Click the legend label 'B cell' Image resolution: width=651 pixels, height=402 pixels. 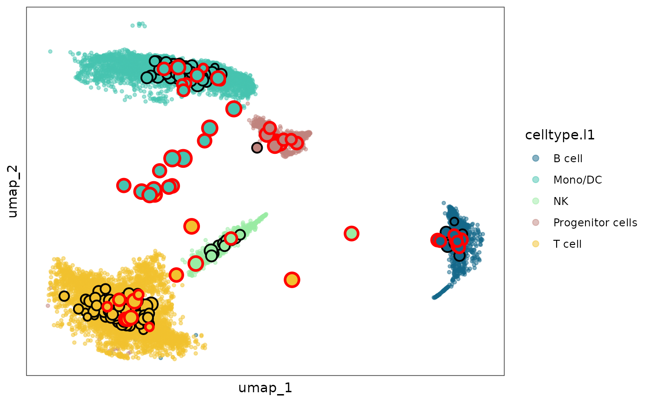coord(568,158)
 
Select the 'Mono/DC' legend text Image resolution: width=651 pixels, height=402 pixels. coord(578,180)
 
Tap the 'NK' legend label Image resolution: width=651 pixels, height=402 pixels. coord(560,201)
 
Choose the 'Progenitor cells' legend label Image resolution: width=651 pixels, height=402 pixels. coord(595,223)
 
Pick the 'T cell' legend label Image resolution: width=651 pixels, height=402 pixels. coord(567,244)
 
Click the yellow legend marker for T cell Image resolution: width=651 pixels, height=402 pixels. coord(536,244)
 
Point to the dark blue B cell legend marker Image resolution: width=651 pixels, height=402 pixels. coord(536,158)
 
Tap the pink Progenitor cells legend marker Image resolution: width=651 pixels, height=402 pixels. coord(536,223)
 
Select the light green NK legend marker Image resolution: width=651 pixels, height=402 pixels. coord(536,201)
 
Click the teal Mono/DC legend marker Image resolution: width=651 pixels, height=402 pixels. coord(536,180)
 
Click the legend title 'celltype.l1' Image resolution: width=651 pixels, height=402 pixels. coord(560,135)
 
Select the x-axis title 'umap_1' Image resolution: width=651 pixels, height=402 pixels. coord(265,388)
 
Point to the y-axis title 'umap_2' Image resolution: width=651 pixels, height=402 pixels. coord(13,191)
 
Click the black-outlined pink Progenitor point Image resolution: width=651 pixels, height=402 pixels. coord(257,147)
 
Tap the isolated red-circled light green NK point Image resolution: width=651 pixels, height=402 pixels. coord(352,233)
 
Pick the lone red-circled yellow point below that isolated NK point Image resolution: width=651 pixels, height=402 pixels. coord(292,280)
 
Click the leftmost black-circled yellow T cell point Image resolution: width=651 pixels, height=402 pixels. coord(64,296)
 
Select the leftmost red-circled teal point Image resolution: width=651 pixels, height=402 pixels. coord(123,185)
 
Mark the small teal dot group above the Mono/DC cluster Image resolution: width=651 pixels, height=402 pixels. coord(139,25)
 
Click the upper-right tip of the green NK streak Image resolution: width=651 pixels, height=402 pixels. coord(266,214)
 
